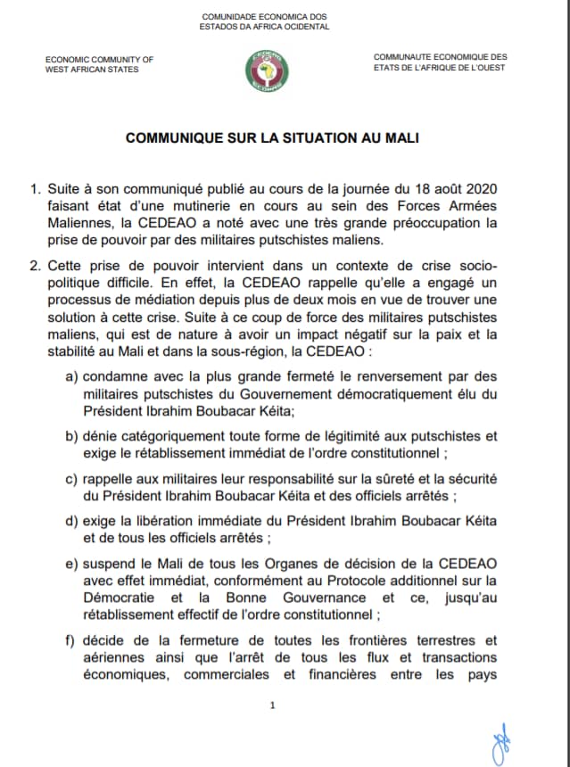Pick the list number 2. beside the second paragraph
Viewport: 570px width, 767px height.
click(35, 266)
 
